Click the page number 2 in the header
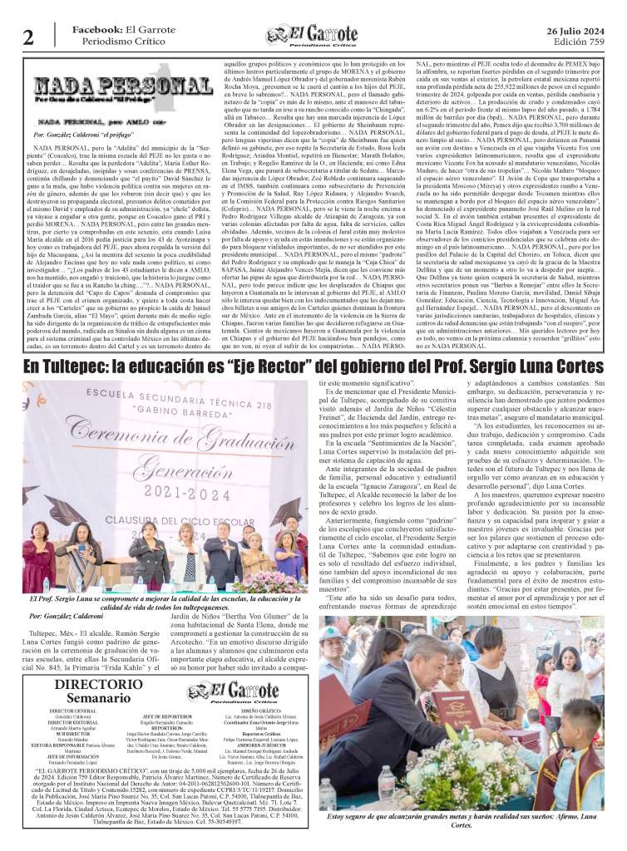click(x=28, y=37)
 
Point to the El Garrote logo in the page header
click(x=314, y=36)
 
